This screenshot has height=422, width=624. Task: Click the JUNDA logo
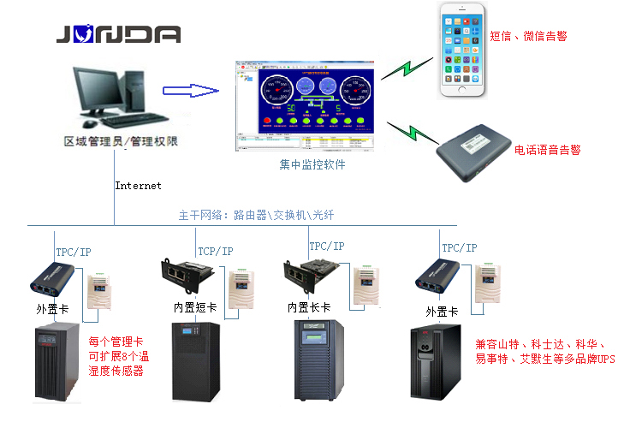point(118,34)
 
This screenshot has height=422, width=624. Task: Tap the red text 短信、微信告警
point(527,36)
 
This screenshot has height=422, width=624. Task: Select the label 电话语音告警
point(547,150)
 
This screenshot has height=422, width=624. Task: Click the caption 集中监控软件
point(312,164)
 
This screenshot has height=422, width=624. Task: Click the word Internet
point(139,185)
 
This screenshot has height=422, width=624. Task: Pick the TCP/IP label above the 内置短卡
point(215,251)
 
